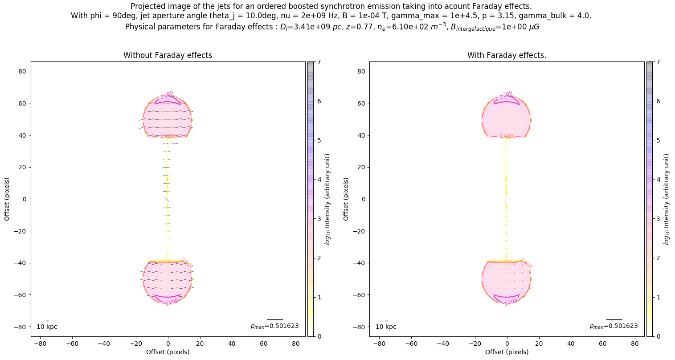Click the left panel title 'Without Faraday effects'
pos(168,55)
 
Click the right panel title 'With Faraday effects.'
pos(507,55)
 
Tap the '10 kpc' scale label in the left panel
pos(47,327)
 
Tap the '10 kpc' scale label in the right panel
pos(386,327)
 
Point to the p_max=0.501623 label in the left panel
pos(274,326)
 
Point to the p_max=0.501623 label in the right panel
pos(614,326)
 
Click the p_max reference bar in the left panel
pos(275,319)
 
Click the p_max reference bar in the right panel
pos(614,319)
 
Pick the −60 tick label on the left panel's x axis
pos(72,344)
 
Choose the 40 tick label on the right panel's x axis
pos(571,344)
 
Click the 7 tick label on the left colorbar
pos(319,62)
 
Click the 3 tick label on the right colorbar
pos(658,219)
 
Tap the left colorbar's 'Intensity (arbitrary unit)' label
pos(327,199)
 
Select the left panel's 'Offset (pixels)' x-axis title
pos(168,352)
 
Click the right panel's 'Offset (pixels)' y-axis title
pos(346,199)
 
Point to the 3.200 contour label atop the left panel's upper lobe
pos(167,94)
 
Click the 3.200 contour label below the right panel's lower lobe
pos(511,302)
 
